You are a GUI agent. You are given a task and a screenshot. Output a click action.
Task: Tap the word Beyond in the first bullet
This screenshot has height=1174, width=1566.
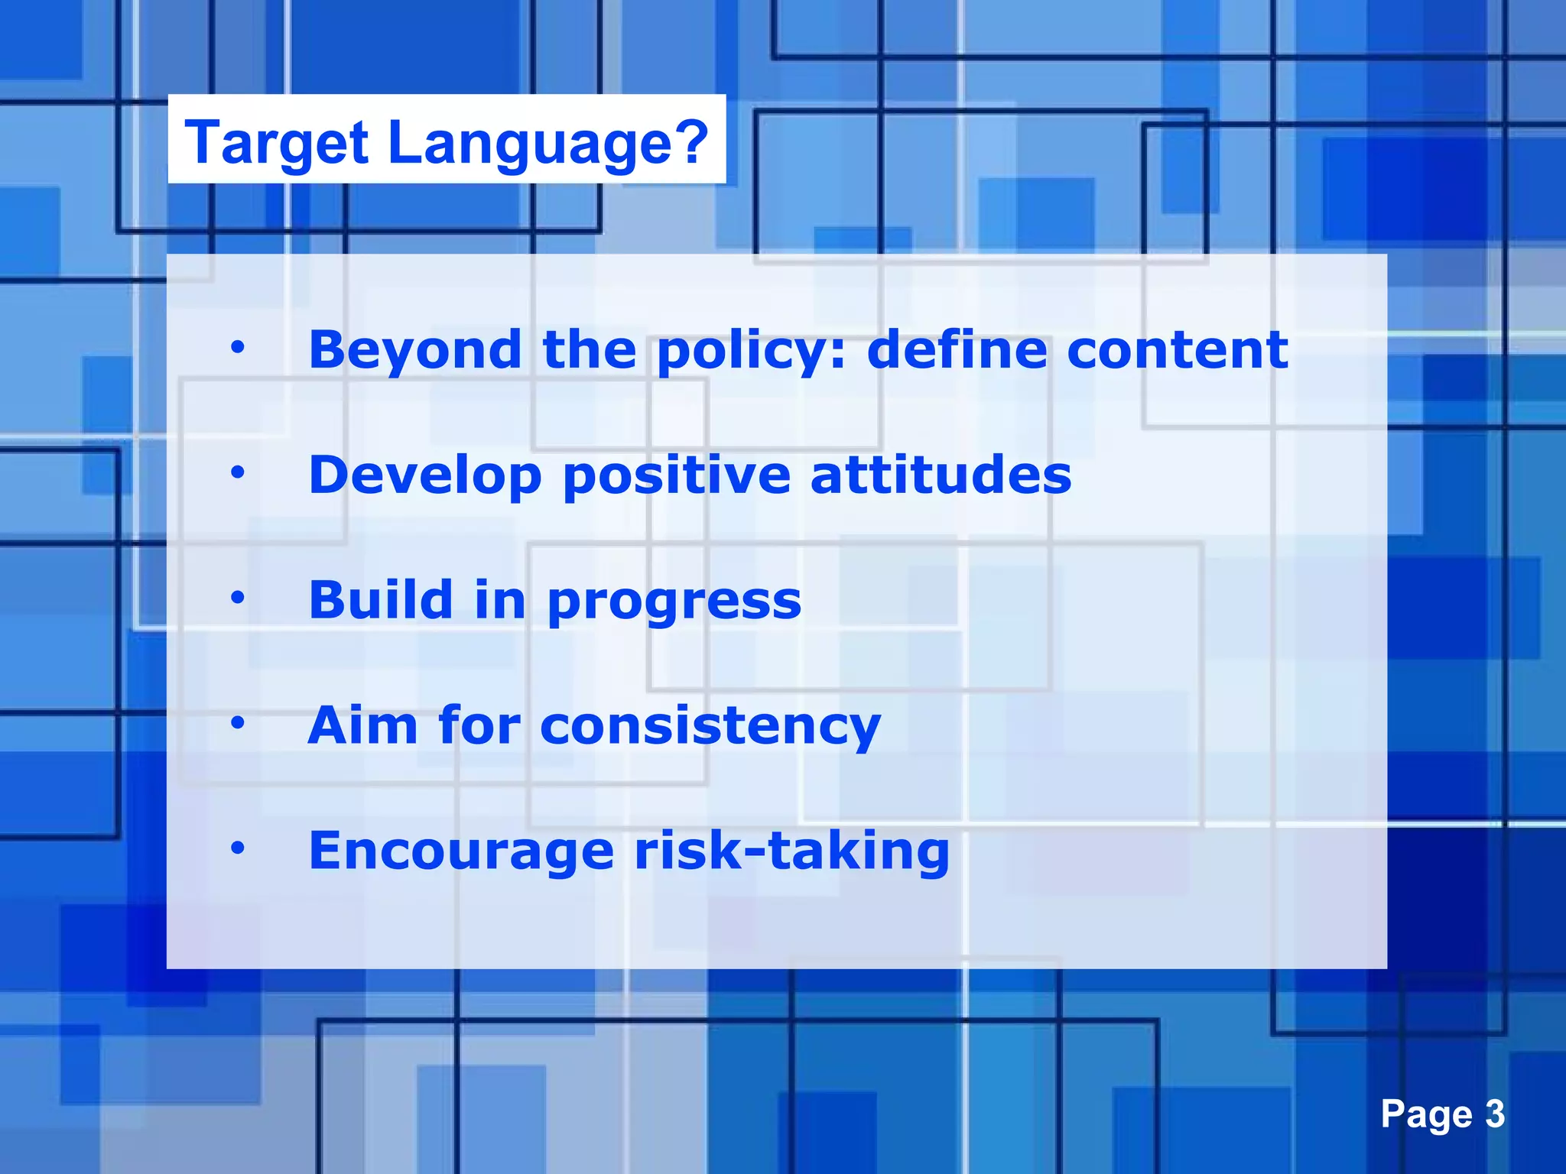pyautogui.click(x=415, y=350)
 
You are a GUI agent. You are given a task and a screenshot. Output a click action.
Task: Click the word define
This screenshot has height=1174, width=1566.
pyautogui.click(x=957, y=350)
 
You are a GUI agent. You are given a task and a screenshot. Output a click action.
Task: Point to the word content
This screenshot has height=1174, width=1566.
pyautogui.click(x=1178, y=350)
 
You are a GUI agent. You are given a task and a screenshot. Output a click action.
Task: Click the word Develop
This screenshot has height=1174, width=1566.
pyautogui.click(x=426, y=476)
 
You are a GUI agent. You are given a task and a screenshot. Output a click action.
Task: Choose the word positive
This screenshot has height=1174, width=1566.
pyautogui.click(x=676, y=476)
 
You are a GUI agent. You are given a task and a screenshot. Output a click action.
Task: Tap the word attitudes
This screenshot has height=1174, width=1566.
pyautogui.click(x=941, y=475)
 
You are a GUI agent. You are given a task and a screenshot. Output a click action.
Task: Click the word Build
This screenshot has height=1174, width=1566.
pyautogui.click(x=381, y=600)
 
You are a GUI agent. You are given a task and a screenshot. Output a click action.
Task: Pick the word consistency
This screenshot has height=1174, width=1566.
pyautogui.click(x=710, y=726)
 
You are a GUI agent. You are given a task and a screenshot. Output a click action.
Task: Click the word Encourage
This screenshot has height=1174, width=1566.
pyautogui.click(x=461, y=851)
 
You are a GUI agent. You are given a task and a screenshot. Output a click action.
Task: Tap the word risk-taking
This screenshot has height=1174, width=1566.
pyautogui.click(x=792, y=851)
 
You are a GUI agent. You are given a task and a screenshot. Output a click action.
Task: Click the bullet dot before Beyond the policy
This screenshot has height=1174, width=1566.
pyautogui.click(x=238, y=349)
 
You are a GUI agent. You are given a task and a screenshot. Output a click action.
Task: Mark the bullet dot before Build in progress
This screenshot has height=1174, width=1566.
pyautogui.click(x=238, y=598)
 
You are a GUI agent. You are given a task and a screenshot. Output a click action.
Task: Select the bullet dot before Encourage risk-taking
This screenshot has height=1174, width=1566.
pyautogui.click(x=238, y=848)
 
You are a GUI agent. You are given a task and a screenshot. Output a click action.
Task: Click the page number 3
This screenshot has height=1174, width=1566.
pyautogui.click(x=1495, y=1114)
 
